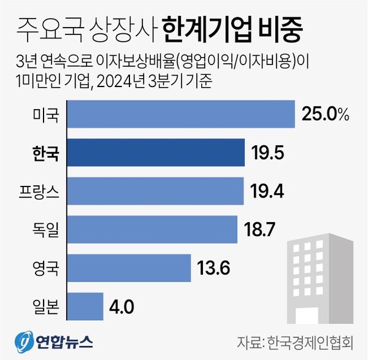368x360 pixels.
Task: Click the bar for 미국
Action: pyautogui.click(x=181, y=115)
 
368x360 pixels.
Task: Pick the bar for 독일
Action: pyautogui.click(x=151, y=229)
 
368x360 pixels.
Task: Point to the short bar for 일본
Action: pyautogui.click(x=85, y=305)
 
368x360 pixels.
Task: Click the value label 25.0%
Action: pyautogui.click(x=325, y=114)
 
